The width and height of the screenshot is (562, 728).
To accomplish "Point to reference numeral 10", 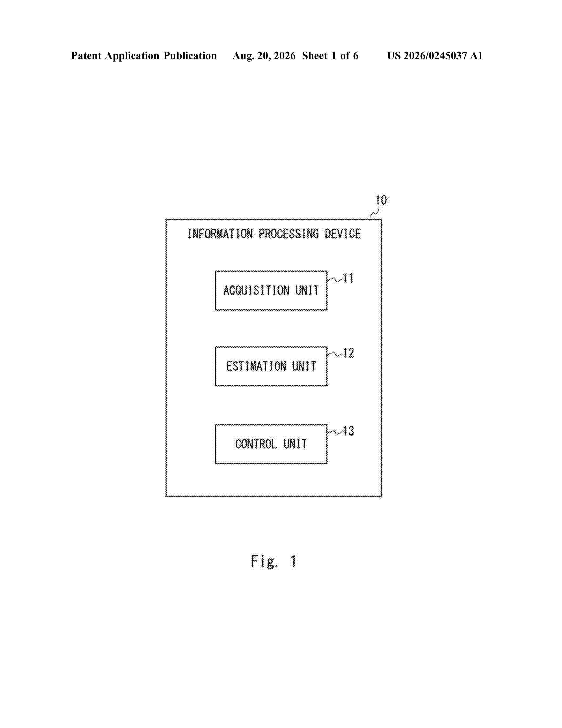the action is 381,200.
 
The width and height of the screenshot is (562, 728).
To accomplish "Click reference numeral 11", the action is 348,278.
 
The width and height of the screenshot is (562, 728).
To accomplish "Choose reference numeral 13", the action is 349,431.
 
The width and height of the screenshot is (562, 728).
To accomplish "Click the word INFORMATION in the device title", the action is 220,234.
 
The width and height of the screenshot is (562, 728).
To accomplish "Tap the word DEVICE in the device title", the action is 342,234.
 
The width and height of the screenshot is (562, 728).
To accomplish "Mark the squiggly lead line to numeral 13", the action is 335,433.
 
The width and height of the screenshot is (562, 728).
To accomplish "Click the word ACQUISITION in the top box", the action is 256,290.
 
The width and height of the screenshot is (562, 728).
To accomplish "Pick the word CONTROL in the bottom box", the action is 256,444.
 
